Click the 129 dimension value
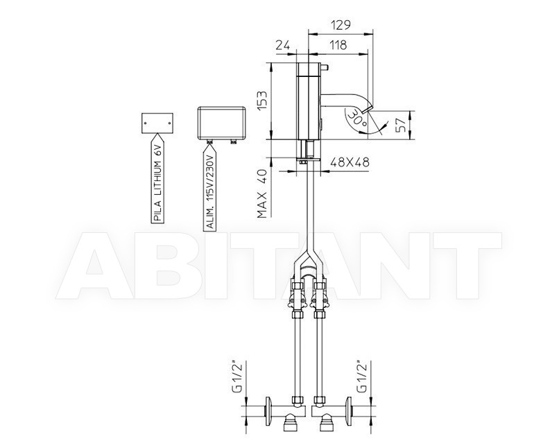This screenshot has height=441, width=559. [341, 25]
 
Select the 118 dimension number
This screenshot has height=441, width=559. [338, 45]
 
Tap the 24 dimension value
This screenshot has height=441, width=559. [283, 45]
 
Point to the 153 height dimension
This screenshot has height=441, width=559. [262, 101]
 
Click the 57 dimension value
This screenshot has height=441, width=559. [401, 125]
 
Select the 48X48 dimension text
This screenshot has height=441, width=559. [350, 162]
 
